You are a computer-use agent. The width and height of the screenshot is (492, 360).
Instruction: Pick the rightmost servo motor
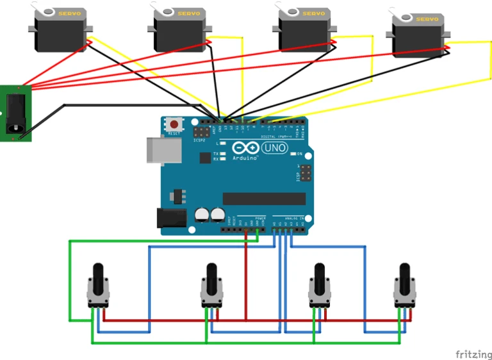pyautogui.click(x=418, y=37)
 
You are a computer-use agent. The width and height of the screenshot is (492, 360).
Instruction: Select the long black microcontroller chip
pyautogui.click(x=264, y=199)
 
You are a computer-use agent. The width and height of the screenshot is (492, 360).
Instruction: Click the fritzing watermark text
pyautogui.click(x=473, y=354)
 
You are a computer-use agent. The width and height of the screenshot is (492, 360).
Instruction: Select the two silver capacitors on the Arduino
pyautogui.click(x=210, y=215)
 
